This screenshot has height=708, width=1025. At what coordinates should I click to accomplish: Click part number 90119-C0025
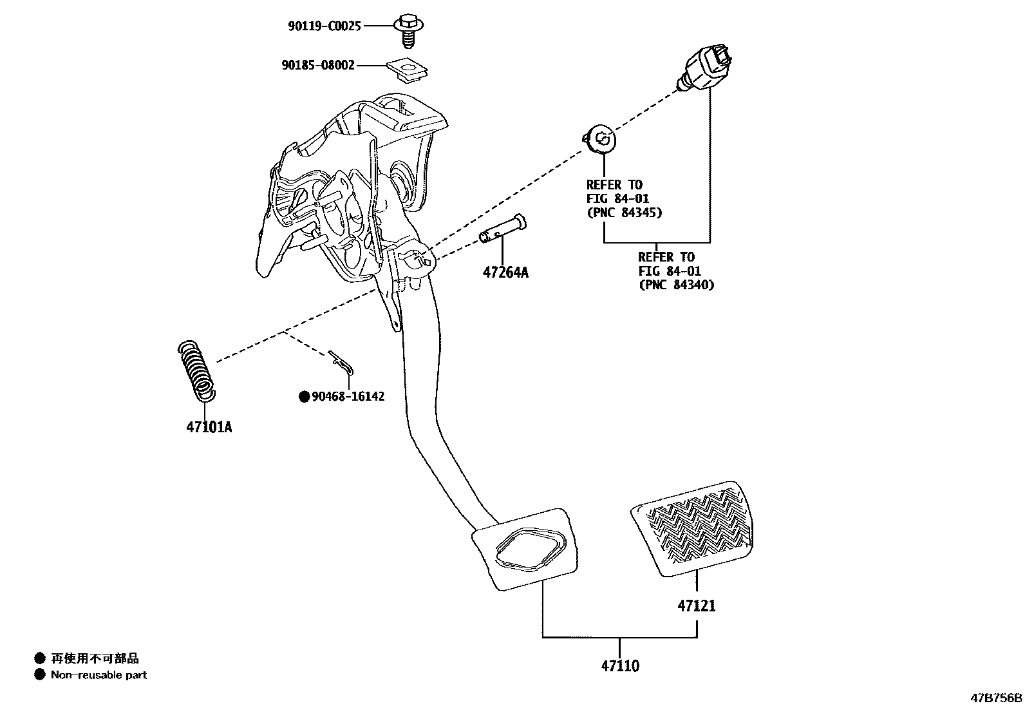[x=324, y=26]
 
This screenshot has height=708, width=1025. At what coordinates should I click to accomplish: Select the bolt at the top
[x=406, y=30]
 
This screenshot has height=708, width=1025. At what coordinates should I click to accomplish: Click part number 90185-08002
[x=317, y=65]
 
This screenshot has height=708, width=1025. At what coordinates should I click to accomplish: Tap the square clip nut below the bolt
[x=409, y=70]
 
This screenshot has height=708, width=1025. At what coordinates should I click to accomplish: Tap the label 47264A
[x=505, y=273]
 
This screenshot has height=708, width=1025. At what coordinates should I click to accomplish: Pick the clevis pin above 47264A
[x=503, y=230]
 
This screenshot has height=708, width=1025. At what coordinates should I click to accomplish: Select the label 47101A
[x=209, y=426]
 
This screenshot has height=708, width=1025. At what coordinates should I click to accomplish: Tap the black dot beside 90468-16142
[x=305, y=397]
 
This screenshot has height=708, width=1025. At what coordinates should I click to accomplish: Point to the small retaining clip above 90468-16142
[x=341, y=363]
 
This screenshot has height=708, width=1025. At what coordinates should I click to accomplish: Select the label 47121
[x=696, y=606]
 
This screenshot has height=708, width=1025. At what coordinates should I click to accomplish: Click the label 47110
[x=620, y=666]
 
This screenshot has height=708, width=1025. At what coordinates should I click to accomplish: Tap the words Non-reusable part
[x=99, y=675]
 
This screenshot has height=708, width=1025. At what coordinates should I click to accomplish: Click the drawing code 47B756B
[x=996, y=698]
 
